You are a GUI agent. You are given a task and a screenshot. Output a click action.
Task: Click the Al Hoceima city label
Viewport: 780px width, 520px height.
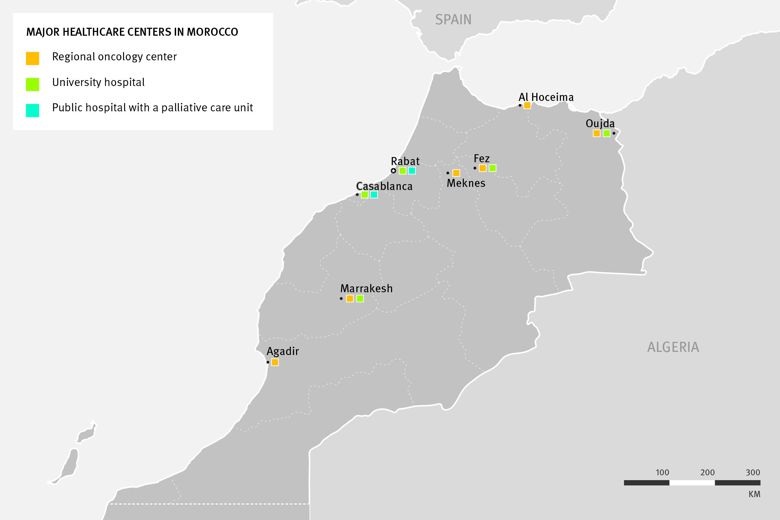tap(546, 97)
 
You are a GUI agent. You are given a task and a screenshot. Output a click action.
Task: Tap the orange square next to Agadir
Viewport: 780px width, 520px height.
tap(275, 362)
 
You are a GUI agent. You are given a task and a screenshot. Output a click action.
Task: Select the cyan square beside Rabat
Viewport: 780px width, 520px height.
tap(412, 171)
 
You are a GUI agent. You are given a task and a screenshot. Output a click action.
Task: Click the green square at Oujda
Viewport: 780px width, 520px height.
tap(606, 133)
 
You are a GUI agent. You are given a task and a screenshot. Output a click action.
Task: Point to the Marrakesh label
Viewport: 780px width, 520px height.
tap(366, 288)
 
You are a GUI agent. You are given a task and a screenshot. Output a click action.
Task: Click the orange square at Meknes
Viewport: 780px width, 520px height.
tap(456, 173)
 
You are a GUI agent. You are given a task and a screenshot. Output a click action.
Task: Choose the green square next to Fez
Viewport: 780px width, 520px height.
tap(492, 168)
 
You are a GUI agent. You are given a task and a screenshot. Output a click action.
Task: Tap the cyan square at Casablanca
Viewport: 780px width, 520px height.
tap(374, 194)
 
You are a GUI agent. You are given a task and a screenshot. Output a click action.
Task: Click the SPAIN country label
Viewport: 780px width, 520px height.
tap(453, 20)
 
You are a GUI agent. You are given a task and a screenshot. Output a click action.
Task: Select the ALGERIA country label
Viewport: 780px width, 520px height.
tap(673, 347)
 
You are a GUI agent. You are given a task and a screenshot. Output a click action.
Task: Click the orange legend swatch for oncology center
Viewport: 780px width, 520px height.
tap(33, 58)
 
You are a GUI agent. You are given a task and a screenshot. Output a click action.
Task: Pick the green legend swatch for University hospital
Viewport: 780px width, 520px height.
tap(33, 84)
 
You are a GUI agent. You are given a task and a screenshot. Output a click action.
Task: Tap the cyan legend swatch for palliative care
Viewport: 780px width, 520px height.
tap(33, 110)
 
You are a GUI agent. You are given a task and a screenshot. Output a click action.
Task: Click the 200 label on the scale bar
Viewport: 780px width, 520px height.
tap(707, 472)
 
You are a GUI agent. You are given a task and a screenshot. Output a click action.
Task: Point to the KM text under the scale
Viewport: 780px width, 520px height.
tap(754, 494)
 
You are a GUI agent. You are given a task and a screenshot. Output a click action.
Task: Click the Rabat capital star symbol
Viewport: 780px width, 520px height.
tap(393, 171)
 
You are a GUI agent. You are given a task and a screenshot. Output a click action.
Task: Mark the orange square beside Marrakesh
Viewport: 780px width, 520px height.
tap(350, 298)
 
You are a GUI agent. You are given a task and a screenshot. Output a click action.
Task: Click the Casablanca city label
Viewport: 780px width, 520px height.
tap(384, 187)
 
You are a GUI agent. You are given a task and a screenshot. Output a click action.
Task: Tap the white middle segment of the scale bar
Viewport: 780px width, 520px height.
tap(692, 483)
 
